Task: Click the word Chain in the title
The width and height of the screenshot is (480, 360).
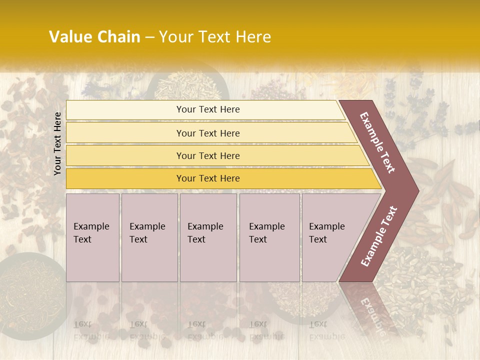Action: [x=119, y=37]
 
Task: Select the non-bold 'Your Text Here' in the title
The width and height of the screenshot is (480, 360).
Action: [x=215, y=37]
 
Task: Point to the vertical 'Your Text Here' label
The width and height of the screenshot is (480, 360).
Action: [x=57, y=143]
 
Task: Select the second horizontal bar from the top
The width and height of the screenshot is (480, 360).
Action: [x=208, y=133]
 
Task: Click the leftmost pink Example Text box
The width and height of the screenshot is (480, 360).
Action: [x=92, y=237]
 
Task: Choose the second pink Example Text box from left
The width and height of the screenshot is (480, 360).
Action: [x=149, y=237]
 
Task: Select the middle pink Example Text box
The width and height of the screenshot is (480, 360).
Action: [x=208, y=237]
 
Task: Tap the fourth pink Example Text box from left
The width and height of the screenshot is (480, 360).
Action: [x=269, y=237]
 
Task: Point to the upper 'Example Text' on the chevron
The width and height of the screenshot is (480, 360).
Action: [x=377, y=142]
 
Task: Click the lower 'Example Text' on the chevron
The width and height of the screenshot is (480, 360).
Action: [x=378, y=236]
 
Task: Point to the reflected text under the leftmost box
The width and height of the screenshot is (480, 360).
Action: [x=91, y=330]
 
